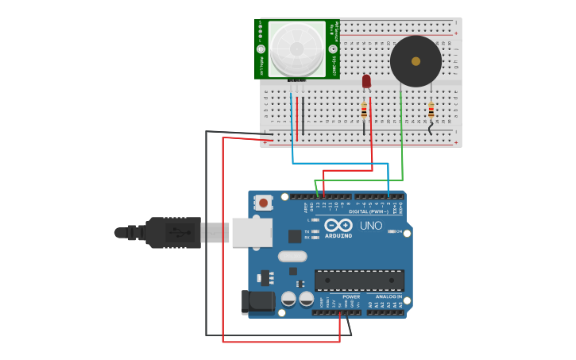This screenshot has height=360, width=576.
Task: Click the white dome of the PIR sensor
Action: [296, 48]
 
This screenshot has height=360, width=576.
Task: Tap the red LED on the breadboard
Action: [366, 80]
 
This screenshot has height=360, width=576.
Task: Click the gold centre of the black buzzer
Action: [416, 60]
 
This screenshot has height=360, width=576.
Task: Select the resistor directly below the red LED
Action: [364, 110]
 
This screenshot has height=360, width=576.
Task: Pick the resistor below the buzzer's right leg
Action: [431, 110]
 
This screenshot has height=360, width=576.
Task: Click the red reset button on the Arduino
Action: [263, 203]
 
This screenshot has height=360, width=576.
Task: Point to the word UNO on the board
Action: [371, 226]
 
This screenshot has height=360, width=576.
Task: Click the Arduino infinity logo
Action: [338, 225]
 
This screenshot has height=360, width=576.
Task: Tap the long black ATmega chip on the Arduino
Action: [359, 281]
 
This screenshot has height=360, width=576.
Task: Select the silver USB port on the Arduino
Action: [252, 232]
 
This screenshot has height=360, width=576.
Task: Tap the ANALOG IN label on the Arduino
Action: [389, 296]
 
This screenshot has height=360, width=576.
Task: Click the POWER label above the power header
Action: [351, 296]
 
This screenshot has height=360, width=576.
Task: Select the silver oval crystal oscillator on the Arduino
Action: [292, 256]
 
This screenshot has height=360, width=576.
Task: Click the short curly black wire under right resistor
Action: [431, 127]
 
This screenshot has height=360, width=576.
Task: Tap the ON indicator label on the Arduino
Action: [397, 231]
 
